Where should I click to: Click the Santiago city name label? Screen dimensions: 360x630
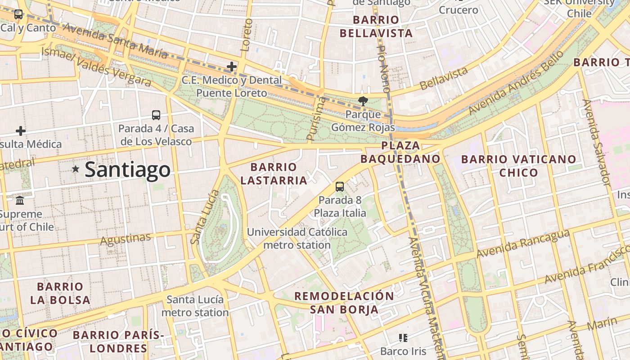click(x=127, y=170)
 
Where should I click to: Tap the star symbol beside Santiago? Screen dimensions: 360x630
click(x=76, y=169)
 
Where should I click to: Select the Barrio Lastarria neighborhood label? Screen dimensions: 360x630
click(x=274, y=174)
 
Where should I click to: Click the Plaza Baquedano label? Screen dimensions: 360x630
click(x=400, y=152)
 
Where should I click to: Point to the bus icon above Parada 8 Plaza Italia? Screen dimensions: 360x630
click(x=340, y=186)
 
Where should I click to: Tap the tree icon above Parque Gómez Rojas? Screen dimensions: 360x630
click(x=363, y=101)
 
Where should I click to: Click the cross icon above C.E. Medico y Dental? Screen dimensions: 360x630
click(x=232, y=67)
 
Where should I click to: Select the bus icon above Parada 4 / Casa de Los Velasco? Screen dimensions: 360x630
click(x=156, y=115)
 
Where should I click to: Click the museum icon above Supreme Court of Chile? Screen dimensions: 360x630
click(x=20, y=200)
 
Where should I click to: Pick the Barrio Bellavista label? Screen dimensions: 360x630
click(x=376, y=27)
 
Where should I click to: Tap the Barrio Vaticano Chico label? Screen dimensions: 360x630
click(x=518, y=166)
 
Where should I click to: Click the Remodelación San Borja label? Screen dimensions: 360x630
click(x=344, y=303)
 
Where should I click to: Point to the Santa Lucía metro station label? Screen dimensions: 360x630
click(x=195, y=306)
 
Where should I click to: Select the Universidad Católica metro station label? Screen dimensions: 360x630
click(x=297, y=238)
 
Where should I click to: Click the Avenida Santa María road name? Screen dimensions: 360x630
click(x=115, y=41)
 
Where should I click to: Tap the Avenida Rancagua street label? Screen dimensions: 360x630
click(x=523, y=244)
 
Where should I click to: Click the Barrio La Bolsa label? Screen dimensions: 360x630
click(x=60, y=293)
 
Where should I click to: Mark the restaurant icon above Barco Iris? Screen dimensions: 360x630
click(x=403, y=337)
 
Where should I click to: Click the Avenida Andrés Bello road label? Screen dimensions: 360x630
click(x=516, y=83)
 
